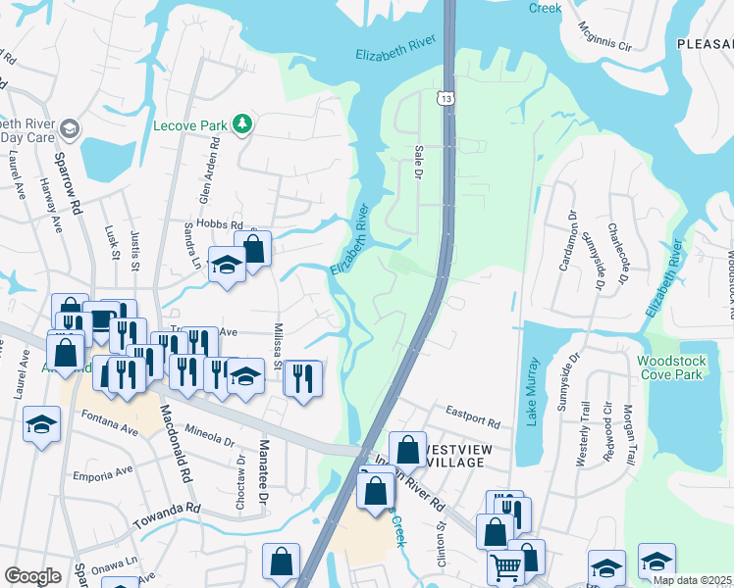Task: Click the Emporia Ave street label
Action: click(102, 473)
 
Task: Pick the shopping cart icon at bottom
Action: click(506, 565)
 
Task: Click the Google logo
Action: click(33, 576)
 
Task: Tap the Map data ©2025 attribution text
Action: click(691, 580)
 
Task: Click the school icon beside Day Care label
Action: click(70, 128)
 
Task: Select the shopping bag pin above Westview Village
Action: click(407, 450)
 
